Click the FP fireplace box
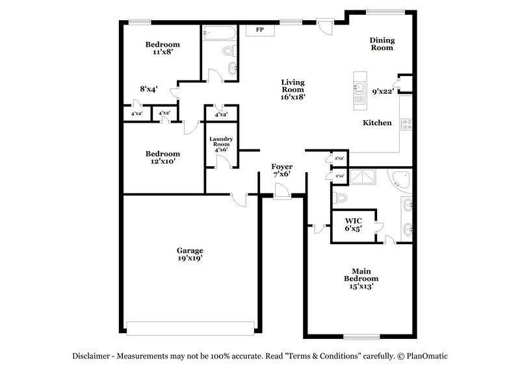259,31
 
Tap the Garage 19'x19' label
190,254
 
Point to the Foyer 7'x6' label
281,170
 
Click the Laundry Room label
221,144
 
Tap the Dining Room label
382,44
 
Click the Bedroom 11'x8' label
162,48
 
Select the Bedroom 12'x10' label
162,157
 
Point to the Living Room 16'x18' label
292,89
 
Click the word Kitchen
377,123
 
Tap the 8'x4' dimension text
149,89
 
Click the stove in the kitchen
407,123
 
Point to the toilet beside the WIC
339,197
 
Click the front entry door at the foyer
281,192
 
